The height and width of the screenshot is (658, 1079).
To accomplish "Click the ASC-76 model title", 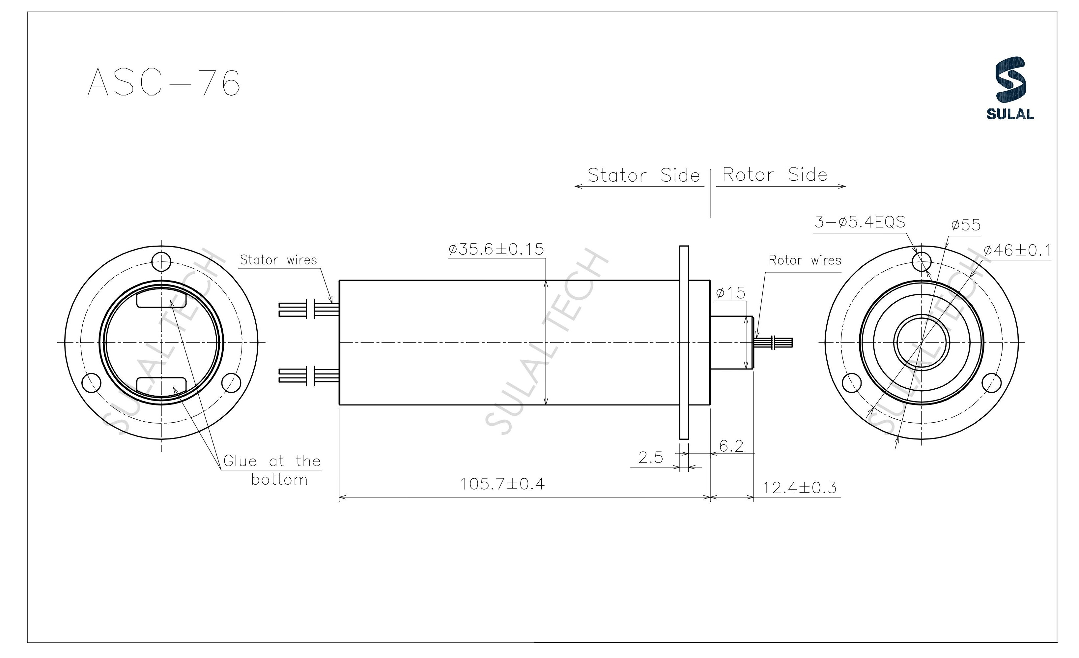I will (164, 83).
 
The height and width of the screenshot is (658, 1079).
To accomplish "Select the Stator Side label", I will (643, 175).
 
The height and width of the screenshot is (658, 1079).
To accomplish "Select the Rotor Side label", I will (775, 175).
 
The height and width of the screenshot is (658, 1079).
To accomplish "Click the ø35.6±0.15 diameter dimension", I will (496, 249).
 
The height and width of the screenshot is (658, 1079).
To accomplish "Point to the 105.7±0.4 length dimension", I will (502, 484).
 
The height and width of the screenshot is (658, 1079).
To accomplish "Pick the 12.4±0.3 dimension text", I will (799, 488).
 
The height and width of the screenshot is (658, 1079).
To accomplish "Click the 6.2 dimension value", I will (731, 446).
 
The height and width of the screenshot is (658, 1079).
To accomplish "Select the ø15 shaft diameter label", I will (730, 293).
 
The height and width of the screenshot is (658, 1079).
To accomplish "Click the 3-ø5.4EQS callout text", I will (860, 222).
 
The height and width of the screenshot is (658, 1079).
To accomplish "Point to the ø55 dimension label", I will (966, 225).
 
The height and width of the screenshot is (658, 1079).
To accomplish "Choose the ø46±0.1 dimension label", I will (1017, 251).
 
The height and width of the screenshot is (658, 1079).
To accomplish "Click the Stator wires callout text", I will (278, 260).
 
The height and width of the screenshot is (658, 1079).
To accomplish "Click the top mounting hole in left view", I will (161, 262).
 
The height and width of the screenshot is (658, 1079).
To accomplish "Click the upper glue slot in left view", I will (161, 300).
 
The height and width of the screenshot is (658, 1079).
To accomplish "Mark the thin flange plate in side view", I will (684, 342).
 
